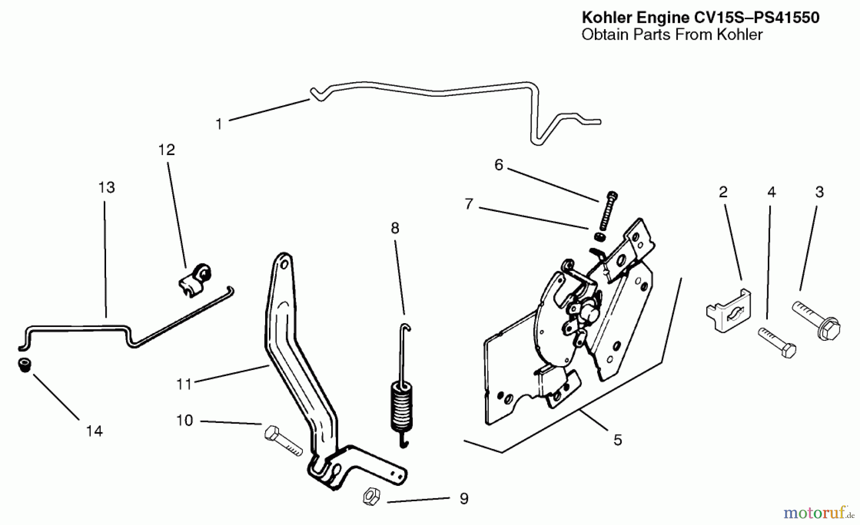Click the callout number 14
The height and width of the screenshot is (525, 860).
94,431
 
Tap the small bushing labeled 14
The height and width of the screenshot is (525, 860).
24,365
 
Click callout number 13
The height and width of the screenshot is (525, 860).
107,187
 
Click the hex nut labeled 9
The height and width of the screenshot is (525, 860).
371,496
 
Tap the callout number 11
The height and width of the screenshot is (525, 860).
184,384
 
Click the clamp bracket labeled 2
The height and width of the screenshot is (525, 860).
728,311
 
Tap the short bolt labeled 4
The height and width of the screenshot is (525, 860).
777,343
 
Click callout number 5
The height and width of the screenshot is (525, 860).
617,440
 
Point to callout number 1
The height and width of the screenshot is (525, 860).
219,124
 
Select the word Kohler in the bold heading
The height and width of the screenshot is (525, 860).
607,18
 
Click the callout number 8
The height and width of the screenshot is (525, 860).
395,228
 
